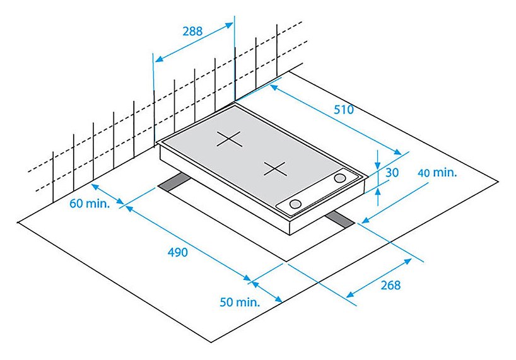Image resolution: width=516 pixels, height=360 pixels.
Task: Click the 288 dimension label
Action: point(192,32)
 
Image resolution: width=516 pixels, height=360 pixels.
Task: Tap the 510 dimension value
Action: point(344,110)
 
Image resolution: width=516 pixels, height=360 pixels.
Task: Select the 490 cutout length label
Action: point(178,252)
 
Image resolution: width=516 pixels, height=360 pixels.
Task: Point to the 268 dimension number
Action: point(390,285)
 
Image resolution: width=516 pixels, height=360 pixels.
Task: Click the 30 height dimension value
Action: point(392,172)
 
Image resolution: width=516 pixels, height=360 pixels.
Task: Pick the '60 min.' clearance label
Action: point(90,204)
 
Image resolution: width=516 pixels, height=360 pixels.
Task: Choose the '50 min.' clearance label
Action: point(240,302)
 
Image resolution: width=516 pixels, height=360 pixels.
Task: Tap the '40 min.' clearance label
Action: point(437,173)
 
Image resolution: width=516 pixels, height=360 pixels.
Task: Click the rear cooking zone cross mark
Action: point(230,139)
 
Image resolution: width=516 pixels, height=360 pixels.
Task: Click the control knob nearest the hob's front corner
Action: point(295,204)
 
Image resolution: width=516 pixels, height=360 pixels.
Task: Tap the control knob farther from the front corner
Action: point(339,178)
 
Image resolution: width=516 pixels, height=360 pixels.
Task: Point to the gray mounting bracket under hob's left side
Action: point(174,182)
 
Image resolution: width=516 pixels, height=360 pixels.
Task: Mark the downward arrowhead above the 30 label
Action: point(378,165)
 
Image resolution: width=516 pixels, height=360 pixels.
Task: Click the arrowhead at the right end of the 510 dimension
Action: point(397,152)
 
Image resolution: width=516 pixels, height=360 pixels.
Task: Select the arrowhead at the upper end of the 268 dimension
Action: point(408,262)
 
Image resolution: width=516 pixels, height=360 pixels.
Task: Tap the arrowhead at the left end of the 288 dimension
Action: point(160,58)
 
